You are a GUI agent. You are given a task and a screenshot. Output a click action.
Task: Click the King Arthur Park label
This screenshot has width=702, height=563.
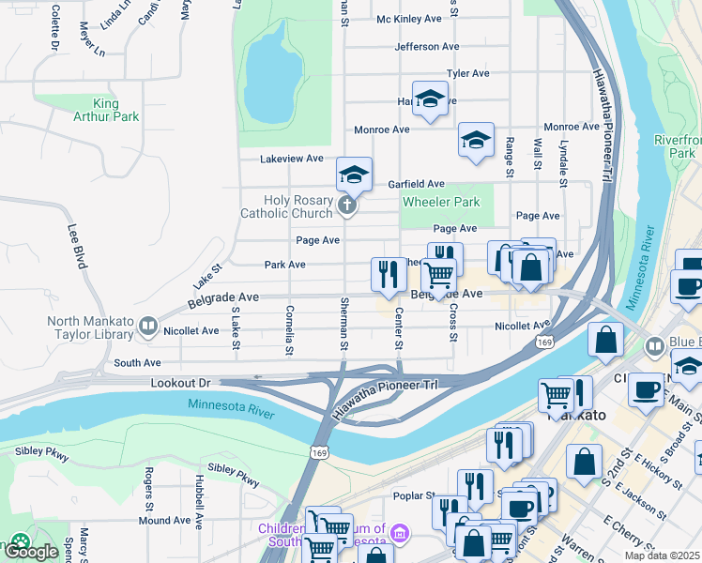(x=106, y=110)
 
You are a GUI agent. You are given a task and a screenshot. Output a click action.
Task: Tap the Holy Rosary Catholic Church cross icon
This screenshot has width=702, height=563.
(x=347, y=205)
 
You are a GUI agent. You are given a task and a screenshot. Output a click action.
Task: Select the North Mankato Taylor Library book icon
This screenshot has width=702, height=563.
(x=148, y=327)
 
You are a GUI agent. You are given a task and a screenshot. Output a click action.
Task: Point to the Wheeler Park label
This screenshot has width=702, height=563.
(x=441, y=202)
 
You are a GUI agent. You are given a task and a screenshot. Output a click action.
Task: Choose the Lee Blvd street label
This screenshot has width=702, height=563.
(x=77, y=246)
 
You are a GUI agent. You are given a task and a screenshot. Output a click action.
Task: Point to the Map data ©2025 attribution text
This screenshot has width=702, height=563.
(x=663, y=555)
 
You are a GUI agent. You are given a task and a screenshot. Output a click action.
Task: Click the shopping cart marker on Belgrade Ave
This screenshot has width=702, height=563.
(x=438, y=275)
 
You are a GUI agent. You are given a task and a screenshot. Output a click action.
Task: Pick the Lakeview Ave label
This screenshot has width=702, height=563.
(x=291, y=159)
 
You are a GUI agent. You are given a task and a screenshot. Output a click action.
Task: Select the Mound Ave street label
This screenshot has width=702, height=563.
(x=164, y=520)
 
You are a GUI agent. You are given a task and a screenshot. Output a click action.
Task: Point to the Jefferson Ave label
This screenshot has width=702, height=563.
(x=427, y=46)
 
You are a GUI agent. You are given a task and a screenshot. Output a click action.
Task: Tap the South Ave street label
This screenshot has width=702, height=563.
(x=138, y=362)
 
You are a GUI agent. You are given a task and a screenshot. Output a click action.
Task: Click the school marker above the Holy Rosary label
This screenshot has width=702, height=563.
(x=354, y=174)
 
